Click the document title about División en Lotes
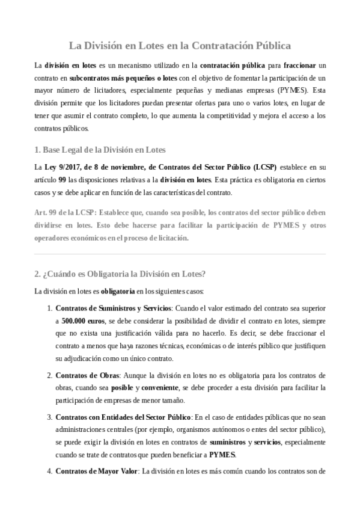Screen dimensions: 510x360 (x=180, y=45)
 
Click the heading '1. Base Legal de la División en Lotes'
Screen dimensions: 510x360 (x=100, y=149)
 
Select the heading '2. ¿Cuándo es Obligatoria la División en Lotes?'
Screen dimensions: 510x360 (x=120, y=274)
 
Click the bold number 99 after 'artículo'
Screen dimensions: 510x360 (x=62, y=180)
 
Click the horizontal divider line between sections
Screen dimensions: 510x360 (x=180, y=254)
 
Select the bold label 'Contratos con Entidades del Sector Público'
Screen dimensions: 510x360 (x=123, y=416)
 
